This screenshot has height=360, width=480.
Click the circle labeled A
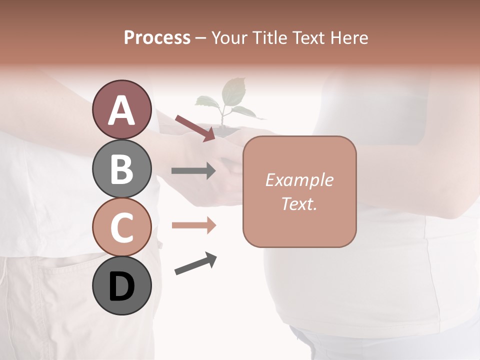(121, 109)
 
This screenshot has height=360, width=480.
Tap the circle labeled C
(121, 226)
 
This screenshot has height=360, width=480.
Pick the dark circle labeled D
(121, 285)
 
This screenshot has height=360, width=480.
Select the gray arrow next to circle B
(193, 171)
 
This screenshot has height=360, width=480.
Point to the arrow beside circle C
(193, 225)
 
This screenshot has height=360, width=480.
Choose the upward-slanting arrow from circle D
(195, 263)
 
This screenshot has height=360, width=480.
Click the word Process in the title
(157, 37)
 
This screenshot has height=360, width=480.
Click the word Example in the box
(299, 180)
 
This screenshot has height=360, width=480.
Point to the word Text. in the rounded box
(299, 203)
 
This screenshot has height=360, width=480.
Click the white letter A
(121, 110)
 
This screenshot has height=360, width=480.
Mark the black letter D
(121, 286)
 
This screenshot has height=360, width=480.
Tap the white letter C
(121, 227)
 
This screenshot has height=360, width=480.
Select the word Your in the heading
(228, 37)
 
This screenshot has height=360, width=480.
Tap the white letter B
(121, 169)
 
